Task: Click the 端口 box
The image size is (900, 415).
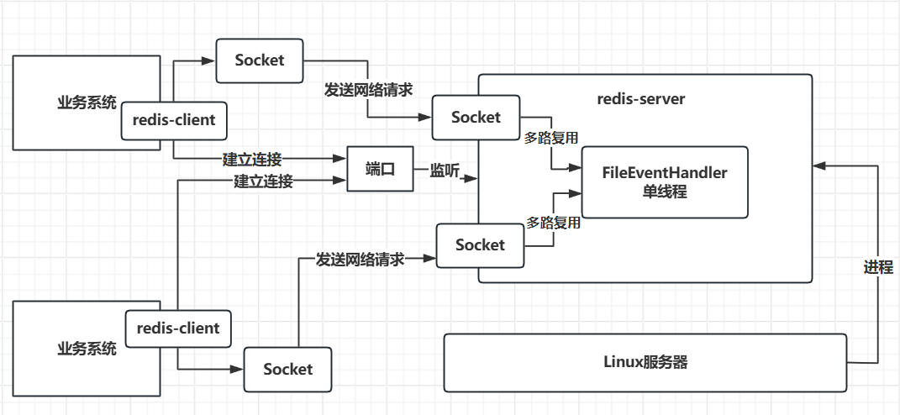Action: click(380, 169)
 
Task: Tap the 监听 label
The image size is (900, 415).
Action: click(445, 171)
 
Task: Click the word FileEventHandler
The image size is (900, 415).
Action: click(664, 172)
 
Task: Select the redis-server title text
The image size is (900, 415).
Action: click(641, 99)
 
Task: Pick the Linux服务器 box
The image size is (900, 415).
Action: click(645, 362)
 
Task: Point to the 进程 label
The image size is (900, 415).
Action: click(878, 268)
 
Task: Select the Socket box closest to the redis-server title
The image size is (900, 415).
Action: click(476, 118)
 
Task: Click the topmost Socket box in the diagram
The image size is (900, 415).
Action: click(260, 60)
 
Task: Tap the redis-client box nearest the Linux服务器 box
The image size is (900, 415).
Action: click(177, 328)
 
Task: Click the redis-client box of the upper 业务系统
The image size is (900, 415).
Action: click(173, 120)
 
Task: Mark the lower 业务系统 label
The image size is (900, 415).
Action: click(87, 347)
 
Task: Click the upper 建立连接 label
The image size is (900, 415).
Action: click(252, 159)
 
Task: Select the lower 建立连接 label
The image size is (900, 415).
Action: click(263, 181)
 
